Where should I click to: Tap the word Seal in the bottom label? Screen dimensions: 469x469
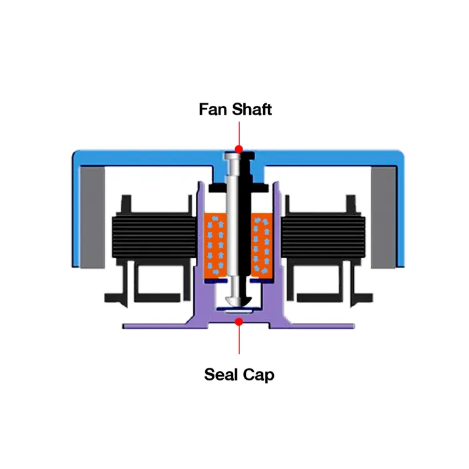coord(221,374)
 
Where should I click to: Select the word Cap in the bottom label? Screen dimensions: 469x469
coord(258,375)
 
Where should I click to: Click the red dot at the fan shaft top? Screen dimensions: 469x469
coord(238,149)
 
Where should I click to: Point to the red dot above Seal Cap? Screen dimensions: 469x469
coord(238,322)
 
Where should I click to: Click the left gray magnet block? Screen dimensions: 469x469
coord(92,217)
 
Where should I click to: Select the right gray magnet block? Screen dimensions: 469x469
coord(384,217)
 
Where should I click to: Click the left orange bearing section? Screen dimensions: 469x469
coord(215,246)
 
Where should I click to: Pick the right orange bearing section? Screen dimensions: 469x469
coord(262,246)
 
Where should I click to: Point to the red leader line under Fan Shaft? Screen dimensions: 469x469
coord(239,133)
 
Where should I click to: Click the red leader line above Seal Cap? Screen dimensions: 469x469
coord(239,340)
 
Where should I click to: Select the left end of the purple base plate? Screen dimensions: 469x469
coord(124,326)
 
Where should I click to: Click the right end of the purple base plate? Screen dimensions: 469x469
coord(353,326)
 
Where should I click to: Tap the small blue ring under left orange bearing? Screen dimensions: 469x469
coord(216,281)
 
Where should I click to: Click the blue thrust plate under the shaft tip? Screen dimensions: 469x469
coord(235,308)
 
